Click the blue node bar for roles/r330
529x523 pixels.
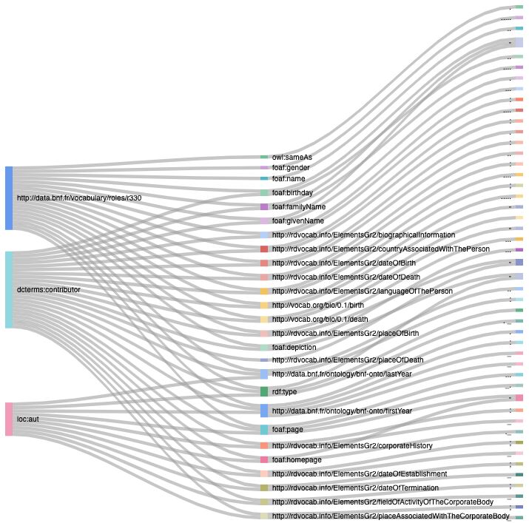click(9, 198)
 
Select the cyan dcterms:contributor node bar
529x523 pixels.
click(9, 289)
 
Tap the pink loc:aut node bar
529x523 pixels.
click(9, 419)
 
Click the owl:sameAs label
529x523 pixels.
click(286, 158)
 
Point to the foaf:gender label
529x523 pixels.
click(289, 168)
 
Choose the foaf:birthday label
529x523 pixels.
click(292, 193)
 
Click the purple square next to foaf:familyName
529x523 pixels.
click(264, 207)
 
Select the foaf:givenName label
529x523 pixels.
click(297, 220)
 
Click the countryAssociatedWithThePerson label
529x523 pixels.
click(380, 249)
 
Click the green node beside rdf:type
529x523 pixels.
click(264, 391)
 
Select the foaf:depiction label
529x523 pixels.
click(294, 347)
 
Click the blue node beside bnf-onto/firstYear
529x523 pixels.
click(264, 411)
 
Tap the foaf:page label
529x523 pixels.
click(287, 430)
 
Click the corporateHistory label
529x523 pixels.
click(351, 446)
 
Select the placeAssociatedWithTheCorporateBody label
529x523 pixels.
click(391, 516)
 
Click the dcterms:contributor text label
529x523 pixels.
click(49, 289)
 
